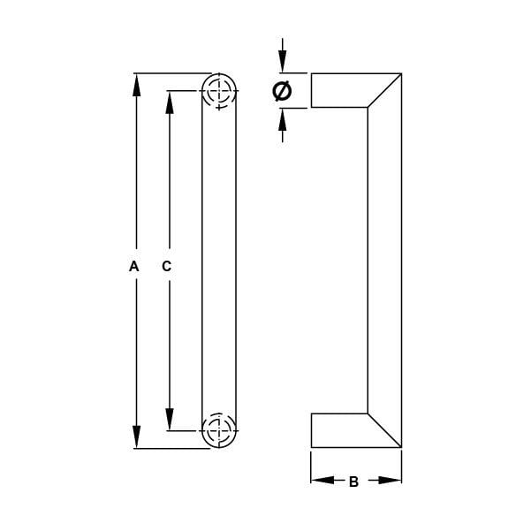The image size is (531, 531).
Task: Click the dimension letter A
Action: click(x=134, y=265)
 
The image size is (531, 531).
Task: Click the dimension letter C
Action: click(x=166, y=265)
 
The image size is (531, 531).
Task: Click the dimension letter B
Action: click(x=353, y=482)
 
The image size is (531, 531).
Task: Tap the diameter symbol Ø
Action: click(x=282, y=90)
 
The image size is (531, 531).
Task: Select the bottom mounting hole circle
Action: click(x=219, y=431)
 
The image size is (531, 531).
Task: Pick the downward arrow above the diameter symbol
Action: click(x=283, y=62)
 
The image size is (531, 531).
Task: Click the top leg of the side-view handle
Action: click(x=340, y=90)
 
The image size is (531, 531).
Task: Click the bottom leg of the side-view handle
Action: click(x=340, y=430)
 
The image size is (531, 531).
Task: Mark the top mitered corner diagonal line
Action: click(x=384, y=90)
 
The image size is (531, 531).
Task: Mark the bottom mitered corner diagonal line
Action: click(x=384, y=430)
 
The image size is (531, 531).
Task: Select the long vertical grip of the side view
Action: click(x=384, y=261)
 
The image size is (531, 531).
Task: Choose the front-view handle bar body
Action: click(x=219, y=261)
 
